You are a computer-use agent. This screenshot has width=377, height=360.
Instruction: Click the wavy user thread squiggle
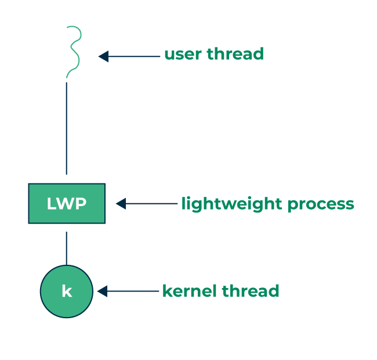pyautogui.click(x=72, y=52)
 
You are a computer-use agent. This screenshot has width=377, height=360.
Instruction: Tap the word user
pyautogui.click(x=182, y=54)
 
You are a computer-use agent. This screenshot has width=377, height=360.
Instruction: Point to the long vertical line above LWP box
pyautogui.click(x=67, y=128)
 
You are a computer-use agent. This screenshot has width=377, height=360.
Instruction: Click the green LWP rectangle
pyautogui.click(x=67, y=203)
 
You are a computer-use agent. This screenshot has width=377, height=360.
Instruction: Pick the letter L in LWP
pyautogui.click(x=51, y=204)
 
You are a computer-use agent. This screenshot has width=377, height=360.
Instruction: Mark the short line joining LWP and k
pyautogui.click(x=67, y=248)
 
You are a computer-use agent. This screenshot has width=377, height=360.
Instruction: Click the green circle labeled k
pyautogui.click(x=67, y=291)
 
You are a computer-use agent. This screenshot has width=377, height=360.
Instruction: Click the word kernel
pyautogui.click(x=187, y=290)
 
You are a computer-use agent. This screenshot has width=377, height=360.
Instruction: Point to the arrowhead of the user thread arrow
pyautogui.click(x=103, y=56)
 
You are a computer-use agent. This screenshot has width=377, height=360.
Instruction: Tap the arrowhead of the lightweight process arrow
pyautogui.click(x=121, y=204)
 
